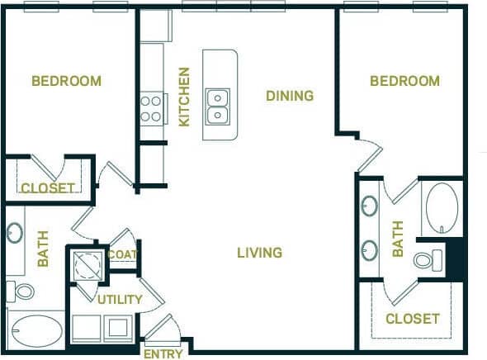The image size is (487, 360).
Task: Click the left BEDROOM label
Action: [66, 81]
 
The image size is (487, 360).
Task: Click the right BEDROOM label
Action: [404, 81]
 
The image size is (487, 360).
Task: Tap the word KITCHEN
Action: [184, 97]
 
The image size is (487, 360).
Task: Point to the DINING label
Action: [290, 96]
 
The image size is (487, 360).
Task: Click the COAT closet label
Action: [122, 255]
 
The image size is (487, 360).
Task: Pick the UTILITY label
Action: [120, 299]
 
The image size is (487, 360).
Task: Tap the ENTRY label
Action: [163, 354]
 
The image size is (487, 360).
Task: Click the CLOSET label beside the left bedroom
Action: [47, 188]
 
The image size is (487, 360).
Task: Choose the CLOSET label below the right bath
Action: [413, 319]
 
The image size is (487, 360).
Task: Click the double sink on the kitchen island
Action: [218, 105]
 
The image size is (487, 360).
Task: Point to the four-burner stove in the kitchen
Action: [152, 107]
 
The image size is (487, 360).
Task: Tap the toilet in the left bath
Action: [24, 291]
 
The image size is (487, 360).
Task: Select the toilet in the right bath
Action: [424, 261]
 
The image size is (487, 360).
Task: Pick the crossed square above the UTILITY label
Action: [86, 264]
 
